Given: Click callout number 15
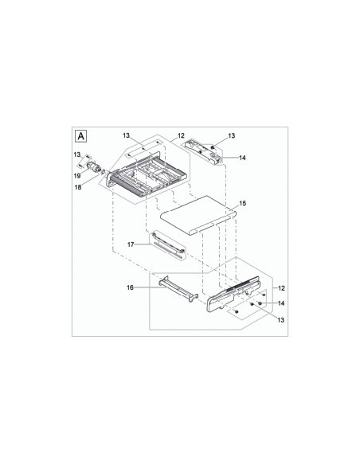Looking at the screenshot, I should [x=242, y=204].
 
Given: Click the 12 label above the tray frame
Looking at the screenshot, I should [x=181, y=137].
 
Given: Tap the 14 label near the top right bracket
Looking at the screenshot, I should [x=242, y=158].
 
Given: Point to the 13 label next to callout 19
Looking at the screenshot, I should [x=78, y=154].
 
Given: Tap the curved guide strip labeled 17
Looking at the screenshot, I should [x=169, y=244].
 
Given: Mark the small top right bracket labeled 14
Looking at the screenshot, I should [x=204, y=150].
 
